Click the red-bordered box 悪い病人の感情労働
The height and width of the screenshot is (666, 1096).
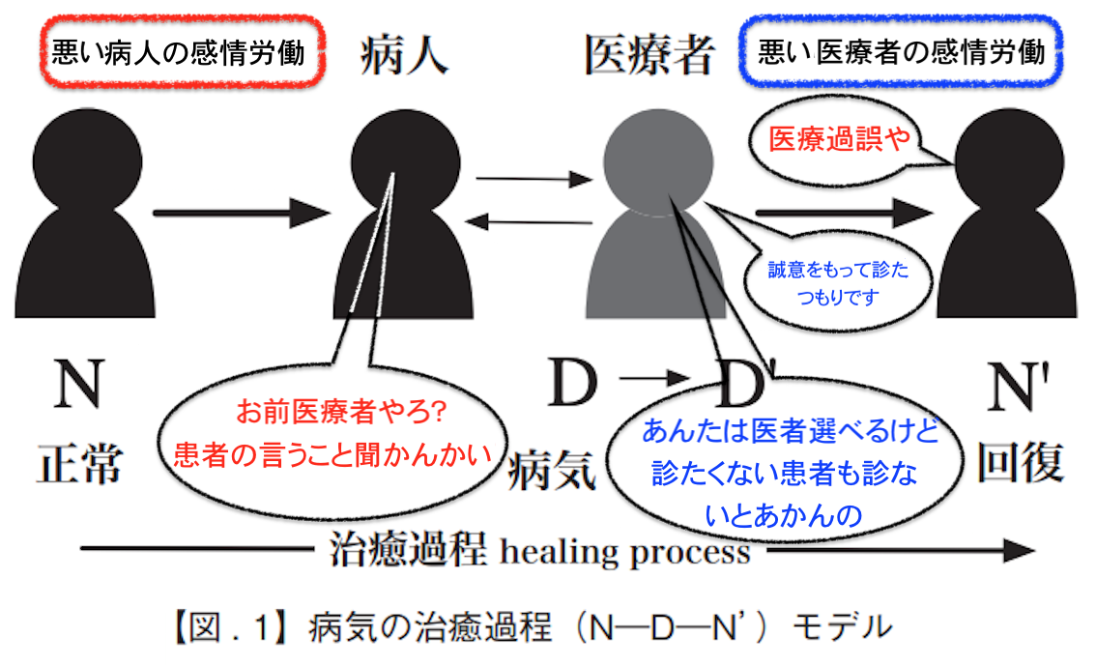click(182, 52)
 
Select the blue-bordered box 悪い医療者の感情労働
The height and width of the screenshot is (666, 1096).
click(901, 52)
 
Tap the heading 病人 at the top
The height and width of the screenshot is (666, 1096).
click(404, 55)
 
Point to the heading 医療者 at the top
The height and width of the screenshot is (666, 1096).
click(649, 54)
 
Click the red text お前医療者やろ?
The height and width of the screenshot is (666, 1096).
click(341, 412)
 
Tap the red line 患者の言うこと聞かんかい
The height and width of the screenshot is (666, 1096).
click(332, 455)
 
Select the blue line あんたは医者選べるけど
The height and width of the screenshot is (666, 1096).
click(790, 430)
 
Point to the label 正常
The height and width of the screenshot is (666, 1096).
click(79, 464)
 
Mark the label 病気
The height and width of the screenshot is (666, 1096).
click(552, 470)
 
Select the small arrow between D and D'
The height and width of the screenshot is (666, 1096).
click(655, 379)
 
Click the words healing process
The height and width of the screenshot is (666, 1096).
click(625, 552)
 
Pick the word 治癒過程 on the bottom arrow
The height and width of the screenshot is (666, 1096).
click(408, 549)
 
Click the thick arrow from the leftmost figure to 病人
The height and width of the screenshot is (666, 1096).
click(242, 213)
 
